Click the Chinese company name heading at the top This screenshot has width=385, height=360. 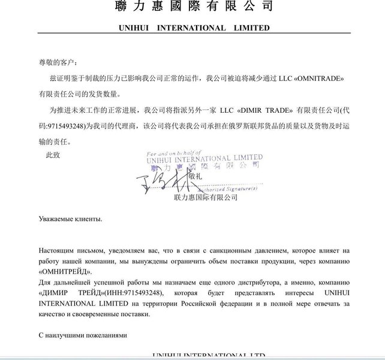tap(193, 7)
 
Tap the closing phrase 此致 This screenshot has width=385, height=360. tap(53, 155)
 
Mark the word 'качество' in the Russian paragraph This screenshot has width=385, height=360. tap(51, 314)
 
